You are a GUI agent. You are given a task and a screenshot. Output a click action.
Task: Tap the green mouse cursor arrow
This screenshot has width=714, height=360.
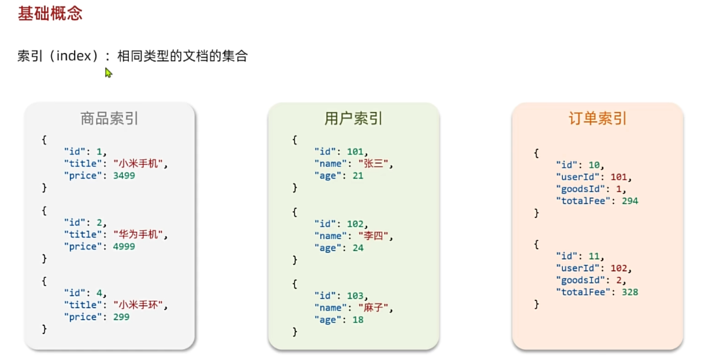coord(108,73)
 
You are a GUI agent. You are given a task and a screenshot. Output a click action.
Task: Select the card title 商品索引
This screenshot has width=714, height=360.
coord(110,119)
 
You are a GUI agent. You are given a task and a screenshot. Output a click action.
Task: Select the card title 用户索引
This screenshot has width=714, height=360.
coord(353,119)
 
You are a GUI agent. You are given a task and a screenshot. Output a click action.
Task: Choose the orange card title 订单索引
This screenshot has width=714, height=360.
coord(597,119)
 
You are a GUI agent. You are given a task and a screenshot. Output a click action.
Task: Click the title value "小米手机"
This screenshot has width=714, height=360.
coord(140,164)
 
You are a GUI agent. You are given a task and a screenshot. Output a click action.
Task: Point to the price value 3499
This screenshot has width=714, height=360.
coord(124,176)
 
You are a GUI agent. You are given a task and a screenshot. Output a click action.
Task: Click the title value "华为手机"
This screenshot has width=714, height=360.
coord(140,235)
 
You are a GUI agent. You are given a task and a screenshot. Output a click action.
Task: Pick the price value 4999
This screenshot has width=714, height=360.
coord(124,247)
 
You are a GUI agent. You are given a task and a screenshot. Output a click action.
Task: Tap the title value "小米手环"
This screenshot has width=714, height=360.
coord(140,305)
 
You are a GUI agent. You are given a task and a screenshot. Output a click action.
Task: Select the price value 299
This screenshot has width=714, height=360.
coord(121,317)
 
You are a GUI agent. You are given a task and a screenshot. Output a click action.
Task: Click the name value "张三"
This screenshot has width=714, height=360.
coord(375,164)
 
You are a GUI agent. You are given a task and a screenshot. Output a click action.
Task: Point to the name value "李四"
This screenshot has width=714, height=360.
coord(375,236)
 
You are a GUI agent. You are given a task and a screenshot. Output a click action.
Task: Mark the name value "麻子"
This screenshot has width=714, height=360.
coord(375,308)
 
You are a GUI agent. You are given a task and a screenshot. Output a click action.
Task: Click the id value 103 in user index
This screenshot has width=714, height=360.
coord(355,296)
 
